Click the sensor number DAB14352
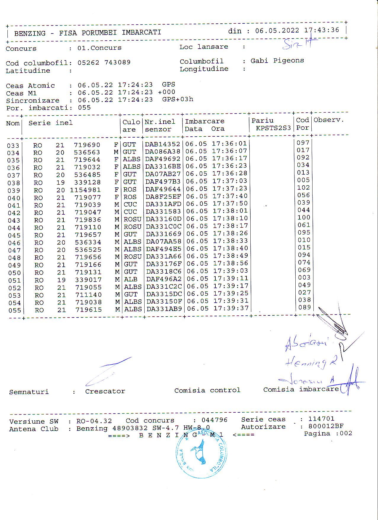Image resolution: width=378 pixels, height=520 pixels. [162, 144]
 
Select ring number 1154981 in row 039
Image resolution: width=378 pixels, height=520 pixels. [85, 190]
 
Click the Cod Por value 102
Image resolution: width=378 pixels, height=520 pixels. [304, 188]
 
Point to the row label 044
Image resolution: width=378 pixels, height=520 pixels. [14, 228]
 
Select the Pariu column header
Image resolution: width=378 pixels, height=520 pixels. [262, 120]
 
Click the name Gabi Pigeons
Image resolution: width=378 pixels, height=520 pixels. [277, 61]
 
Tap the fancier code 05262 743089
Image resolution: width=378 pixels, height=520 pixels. [104, 63]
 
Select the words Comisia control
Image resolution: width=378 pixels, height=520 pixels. [207, 390]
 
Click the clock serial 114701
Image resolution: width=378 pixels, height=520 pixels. [321, 419]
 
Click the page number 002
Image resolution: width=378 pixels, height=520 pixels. [346, 433]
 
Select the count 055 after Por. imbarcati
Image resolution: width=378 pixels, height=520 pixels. [84, 108]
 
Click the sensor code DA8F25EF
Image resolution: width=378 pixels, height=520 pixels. [163, 197]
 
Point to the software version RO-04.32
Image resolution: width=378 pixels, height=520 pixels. [94, 421]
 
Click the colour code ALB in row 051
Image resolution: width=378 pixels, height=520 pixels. [131, 280]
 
